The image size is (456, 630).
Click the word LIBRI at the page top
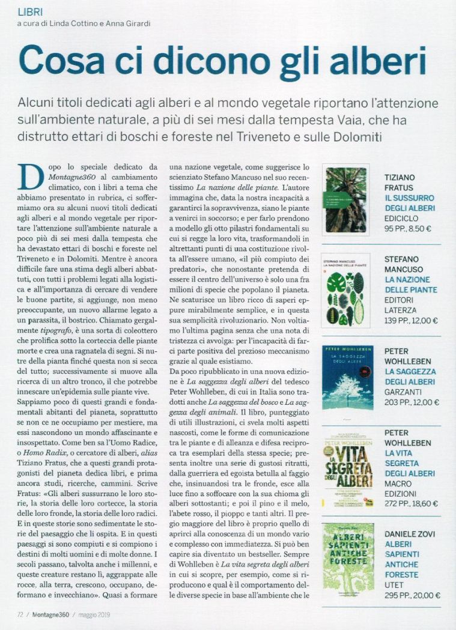click(31, 12)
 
